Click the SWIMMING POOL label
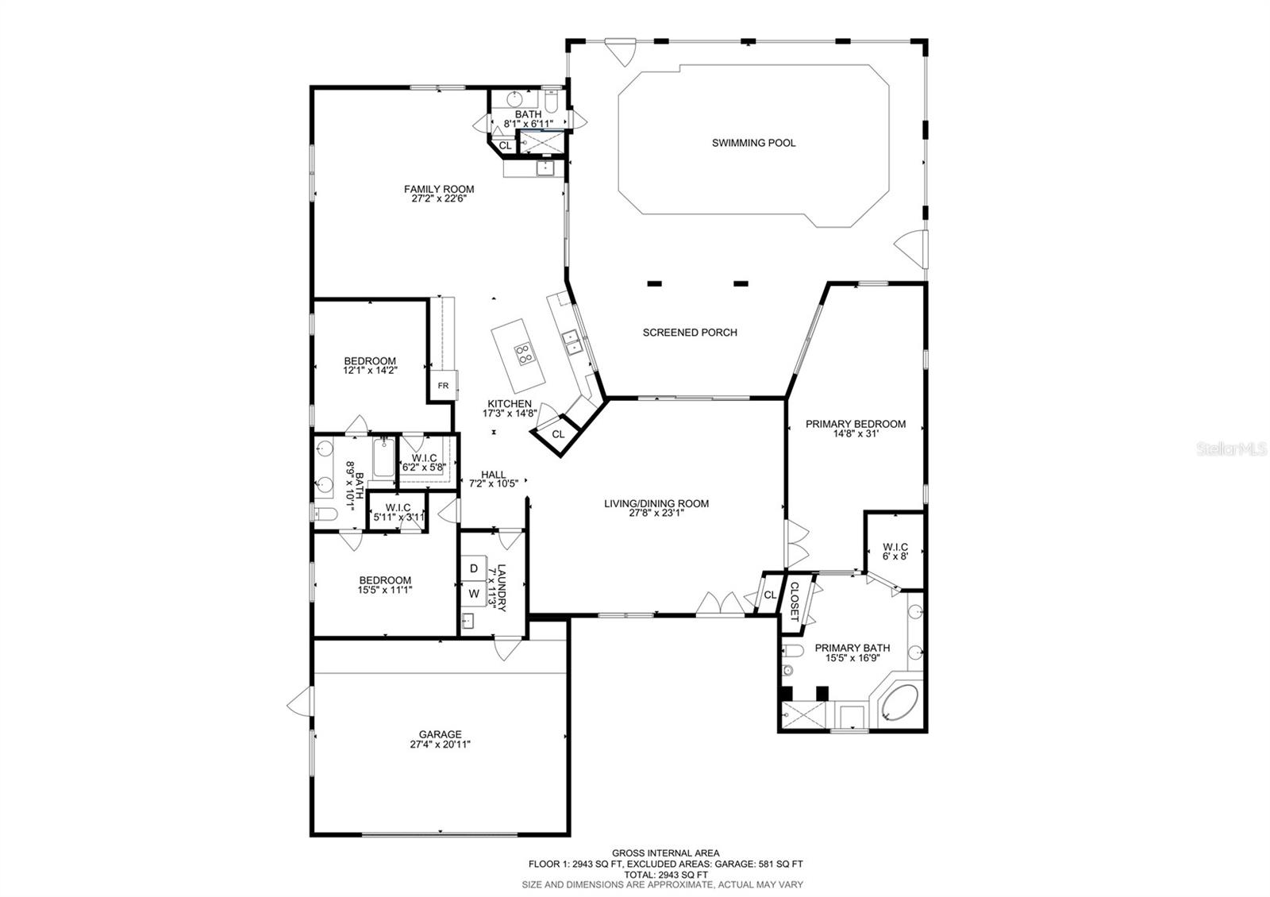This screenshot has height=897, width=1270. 753,143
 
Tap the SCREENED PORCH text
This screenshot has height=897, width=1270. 690,333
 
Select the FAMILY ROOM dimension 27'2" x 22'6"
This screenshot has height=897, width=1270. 439,199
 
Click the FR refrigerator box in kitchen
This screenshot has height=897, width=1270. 444,386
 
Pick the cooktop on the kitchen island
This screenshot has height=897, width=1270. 524,354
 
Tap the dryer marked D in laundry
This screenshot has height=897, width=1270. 474,568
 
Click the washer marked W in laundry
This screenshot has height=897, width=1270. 474,595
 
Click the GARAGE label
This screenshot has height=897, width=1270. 441,734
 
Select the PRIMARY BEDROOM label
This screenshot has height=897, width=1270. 856,424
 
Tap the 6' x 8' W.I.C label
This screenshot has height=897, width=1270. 895,556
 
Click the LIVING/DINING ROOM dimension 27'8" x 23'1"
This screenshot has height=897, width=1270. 656,514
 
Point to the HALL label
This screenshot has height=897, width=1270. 493,475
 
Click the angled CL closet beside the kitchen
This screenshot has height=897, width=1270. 559,435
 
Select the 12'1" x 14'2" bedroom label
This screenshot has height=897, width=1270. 370,371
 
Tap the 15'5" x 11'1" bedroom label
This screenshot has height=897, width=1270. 385,591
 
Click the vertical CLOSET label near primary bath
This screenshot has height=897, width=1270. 794,601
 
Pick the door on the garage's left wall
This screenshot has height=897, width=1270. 300,701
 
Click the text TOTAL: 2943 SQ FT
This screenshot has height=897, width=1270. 666,875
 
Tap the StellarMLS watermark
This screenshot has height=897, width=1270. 1231,449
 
